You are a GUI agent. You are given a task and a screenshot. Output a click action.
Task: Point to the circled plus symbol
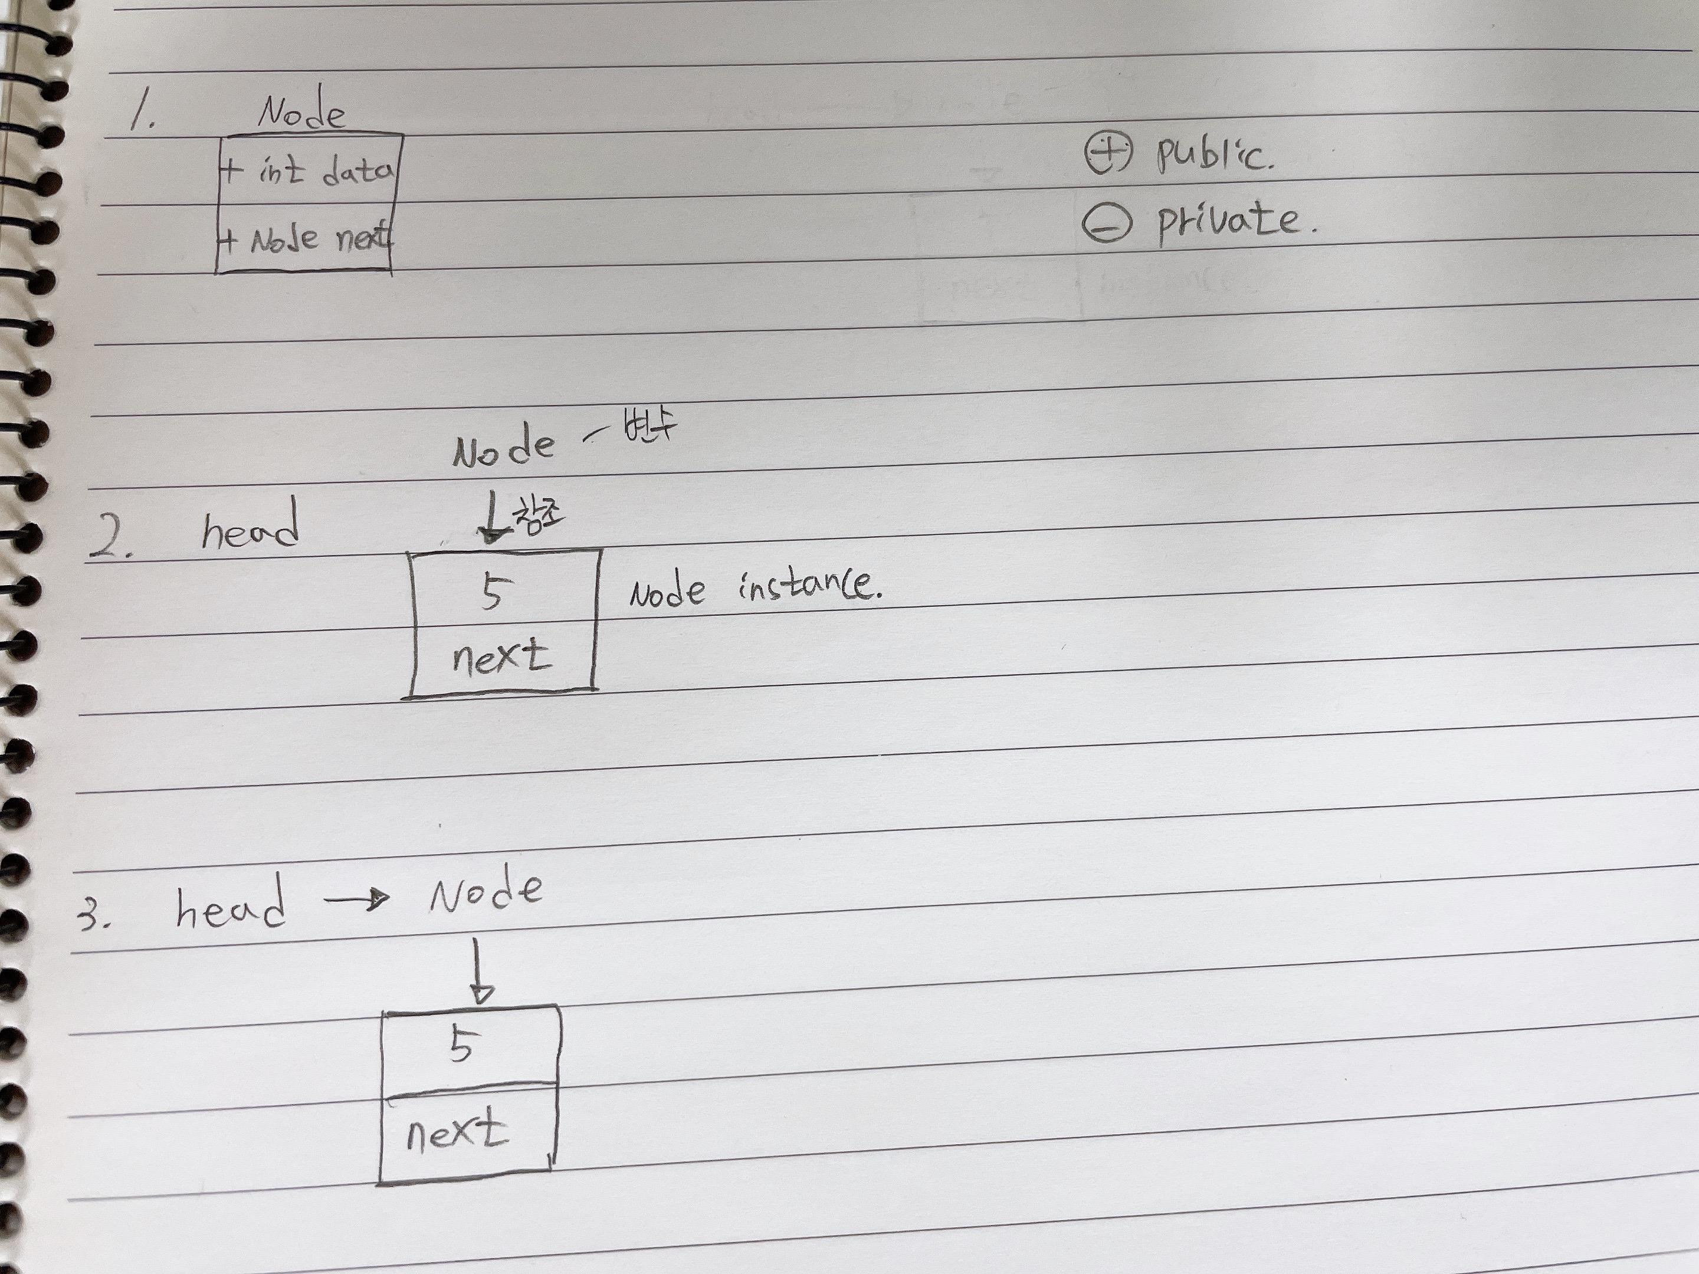point(1107,153)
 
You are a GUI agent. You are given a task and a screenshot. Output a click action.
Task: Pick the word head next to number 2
point(250,526)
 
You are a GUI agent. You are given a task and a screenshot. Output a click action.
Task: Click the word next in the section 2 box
point(501,658)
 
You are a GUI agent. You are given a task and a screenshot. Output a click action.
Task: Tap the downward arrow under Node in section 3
point(480,971)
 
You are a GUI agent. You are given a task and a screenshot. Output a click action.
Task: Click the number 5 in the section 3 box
point(461,1045)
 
